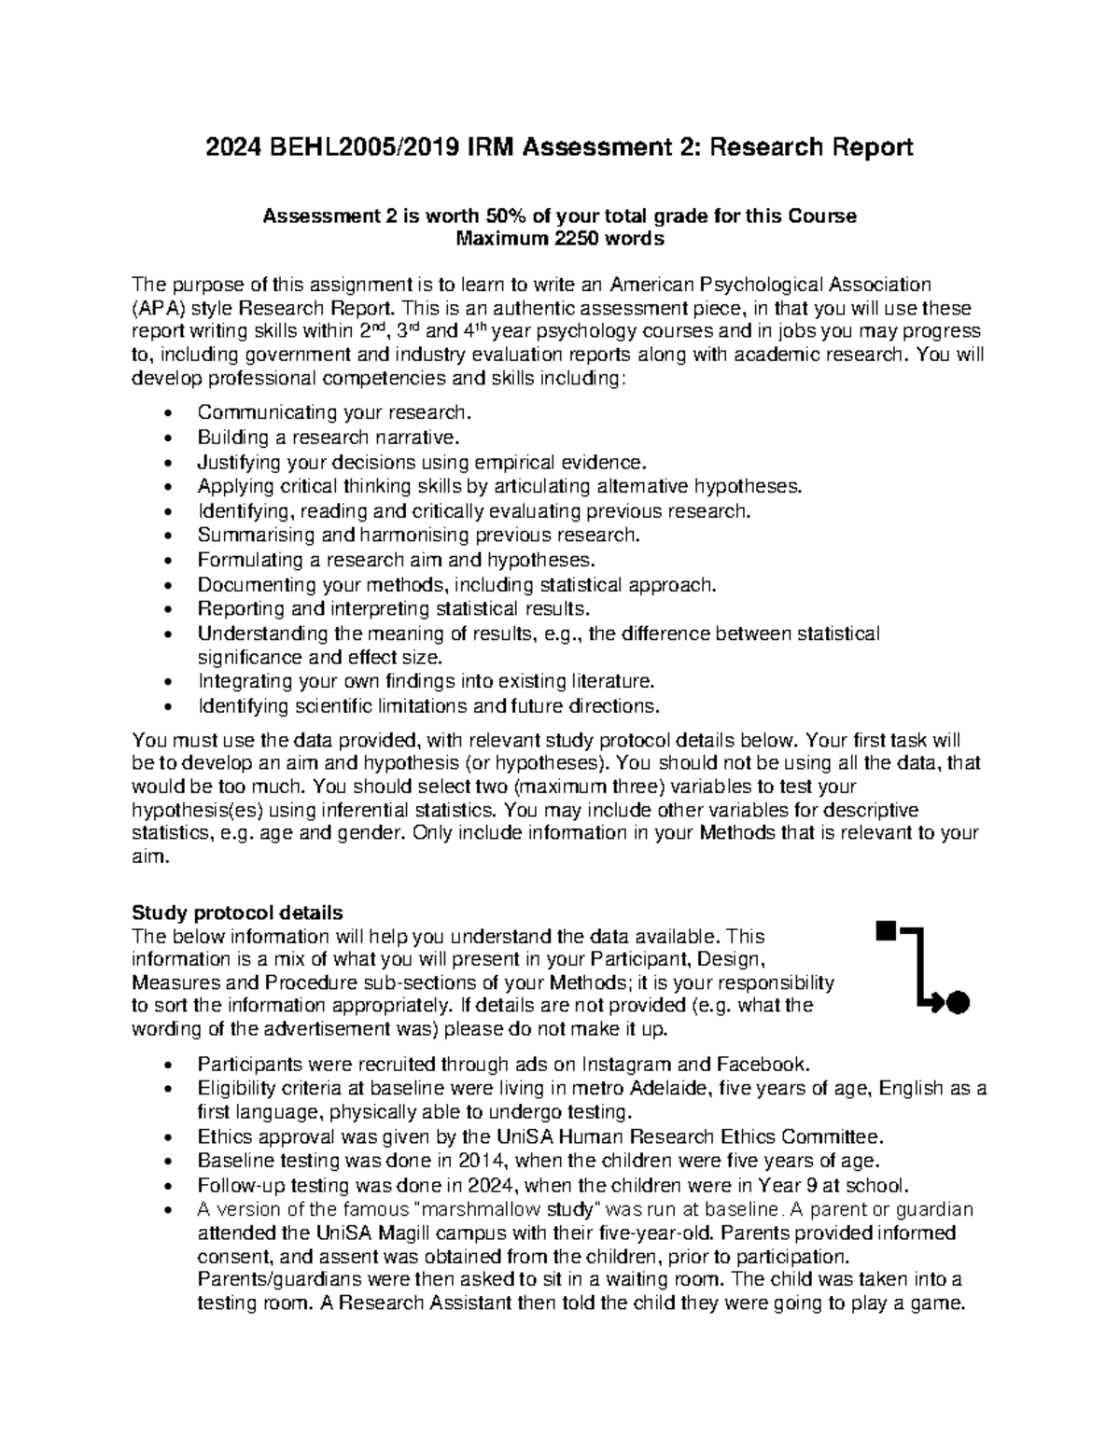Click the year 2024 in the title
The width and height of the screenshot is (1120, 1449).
point(234,147)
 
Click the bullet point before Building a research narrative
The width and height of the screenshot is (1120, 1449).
point(167,438)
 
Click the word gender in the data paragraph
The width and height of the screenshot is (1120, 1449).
point(366,833)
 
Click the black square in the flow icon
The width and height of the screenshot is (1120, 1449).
point(885,929)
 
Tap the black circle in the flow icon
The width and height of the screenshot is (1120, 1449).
point(957,1003)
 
